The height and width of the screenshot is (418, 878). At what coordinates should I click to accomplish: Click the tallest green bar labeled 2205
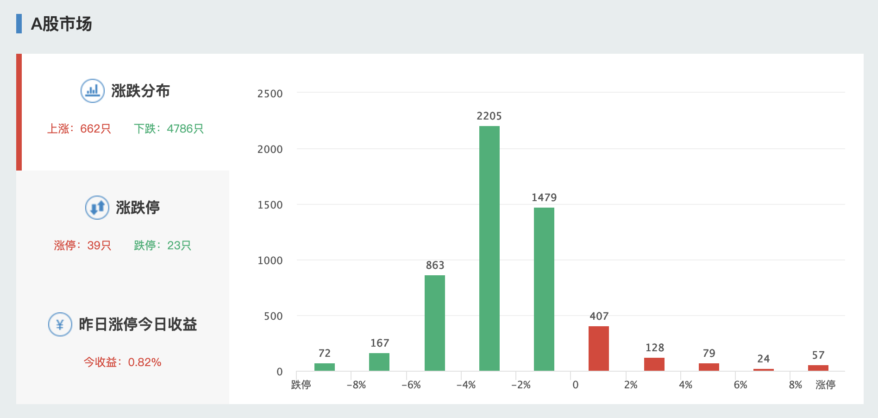[489, 248]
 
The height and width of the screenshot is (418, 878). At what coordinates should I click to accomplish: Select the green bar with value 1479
[544, 289]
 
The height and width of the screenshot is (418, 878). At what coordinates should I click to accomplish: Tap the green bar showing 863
[434, 323]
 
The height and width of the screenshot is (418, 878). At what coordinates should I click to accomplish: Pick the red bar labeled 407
[598, 348]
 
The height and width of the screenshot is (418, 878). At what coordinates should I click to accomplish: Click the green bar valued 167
[379, 362]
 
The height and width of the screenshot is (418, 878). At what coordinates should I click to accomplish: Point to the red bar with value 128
[654, 364]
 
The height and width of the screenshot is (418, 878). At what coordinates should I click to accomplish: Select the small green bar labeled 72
[324, 367]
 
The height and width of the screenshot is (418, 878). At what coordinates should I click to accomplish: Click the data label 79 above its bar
[709, 354]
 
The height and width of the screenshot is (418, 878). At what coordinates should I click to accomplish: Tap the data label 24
[763, 359]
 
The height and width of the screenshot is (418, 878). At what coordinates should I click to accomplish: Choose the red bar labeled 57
[818, 368]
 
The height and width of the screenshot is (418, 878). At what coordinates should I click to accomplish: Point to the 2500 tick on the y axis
[270, 94]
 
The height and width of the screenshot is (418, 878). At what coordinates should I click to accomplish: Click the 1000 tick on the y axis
[270, 260]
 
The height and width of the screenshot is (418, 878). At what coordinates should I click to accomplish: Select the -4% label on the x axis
[466, 385]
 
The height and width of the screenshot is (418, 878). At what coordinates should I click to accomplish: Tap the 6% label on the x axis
[740, 385]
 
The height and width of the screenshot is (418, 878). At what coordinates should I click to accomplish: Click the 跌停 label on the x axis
[301, 385]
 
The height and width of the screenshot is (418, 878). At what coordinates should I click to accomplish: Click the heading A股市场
[61, 24]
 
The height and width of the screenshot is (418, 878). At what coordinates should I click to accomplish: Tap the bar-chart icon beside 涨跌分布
[93, 91]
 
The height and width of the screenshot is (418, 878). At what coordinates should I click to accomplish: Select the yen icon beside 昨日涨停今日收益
[60, 324]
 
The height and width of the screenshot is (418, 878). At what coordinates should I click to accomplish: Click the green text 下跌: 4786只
[169, 129]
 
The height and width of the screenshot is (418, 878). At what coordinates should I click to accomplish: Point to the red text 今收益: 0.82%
[122, 362]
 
